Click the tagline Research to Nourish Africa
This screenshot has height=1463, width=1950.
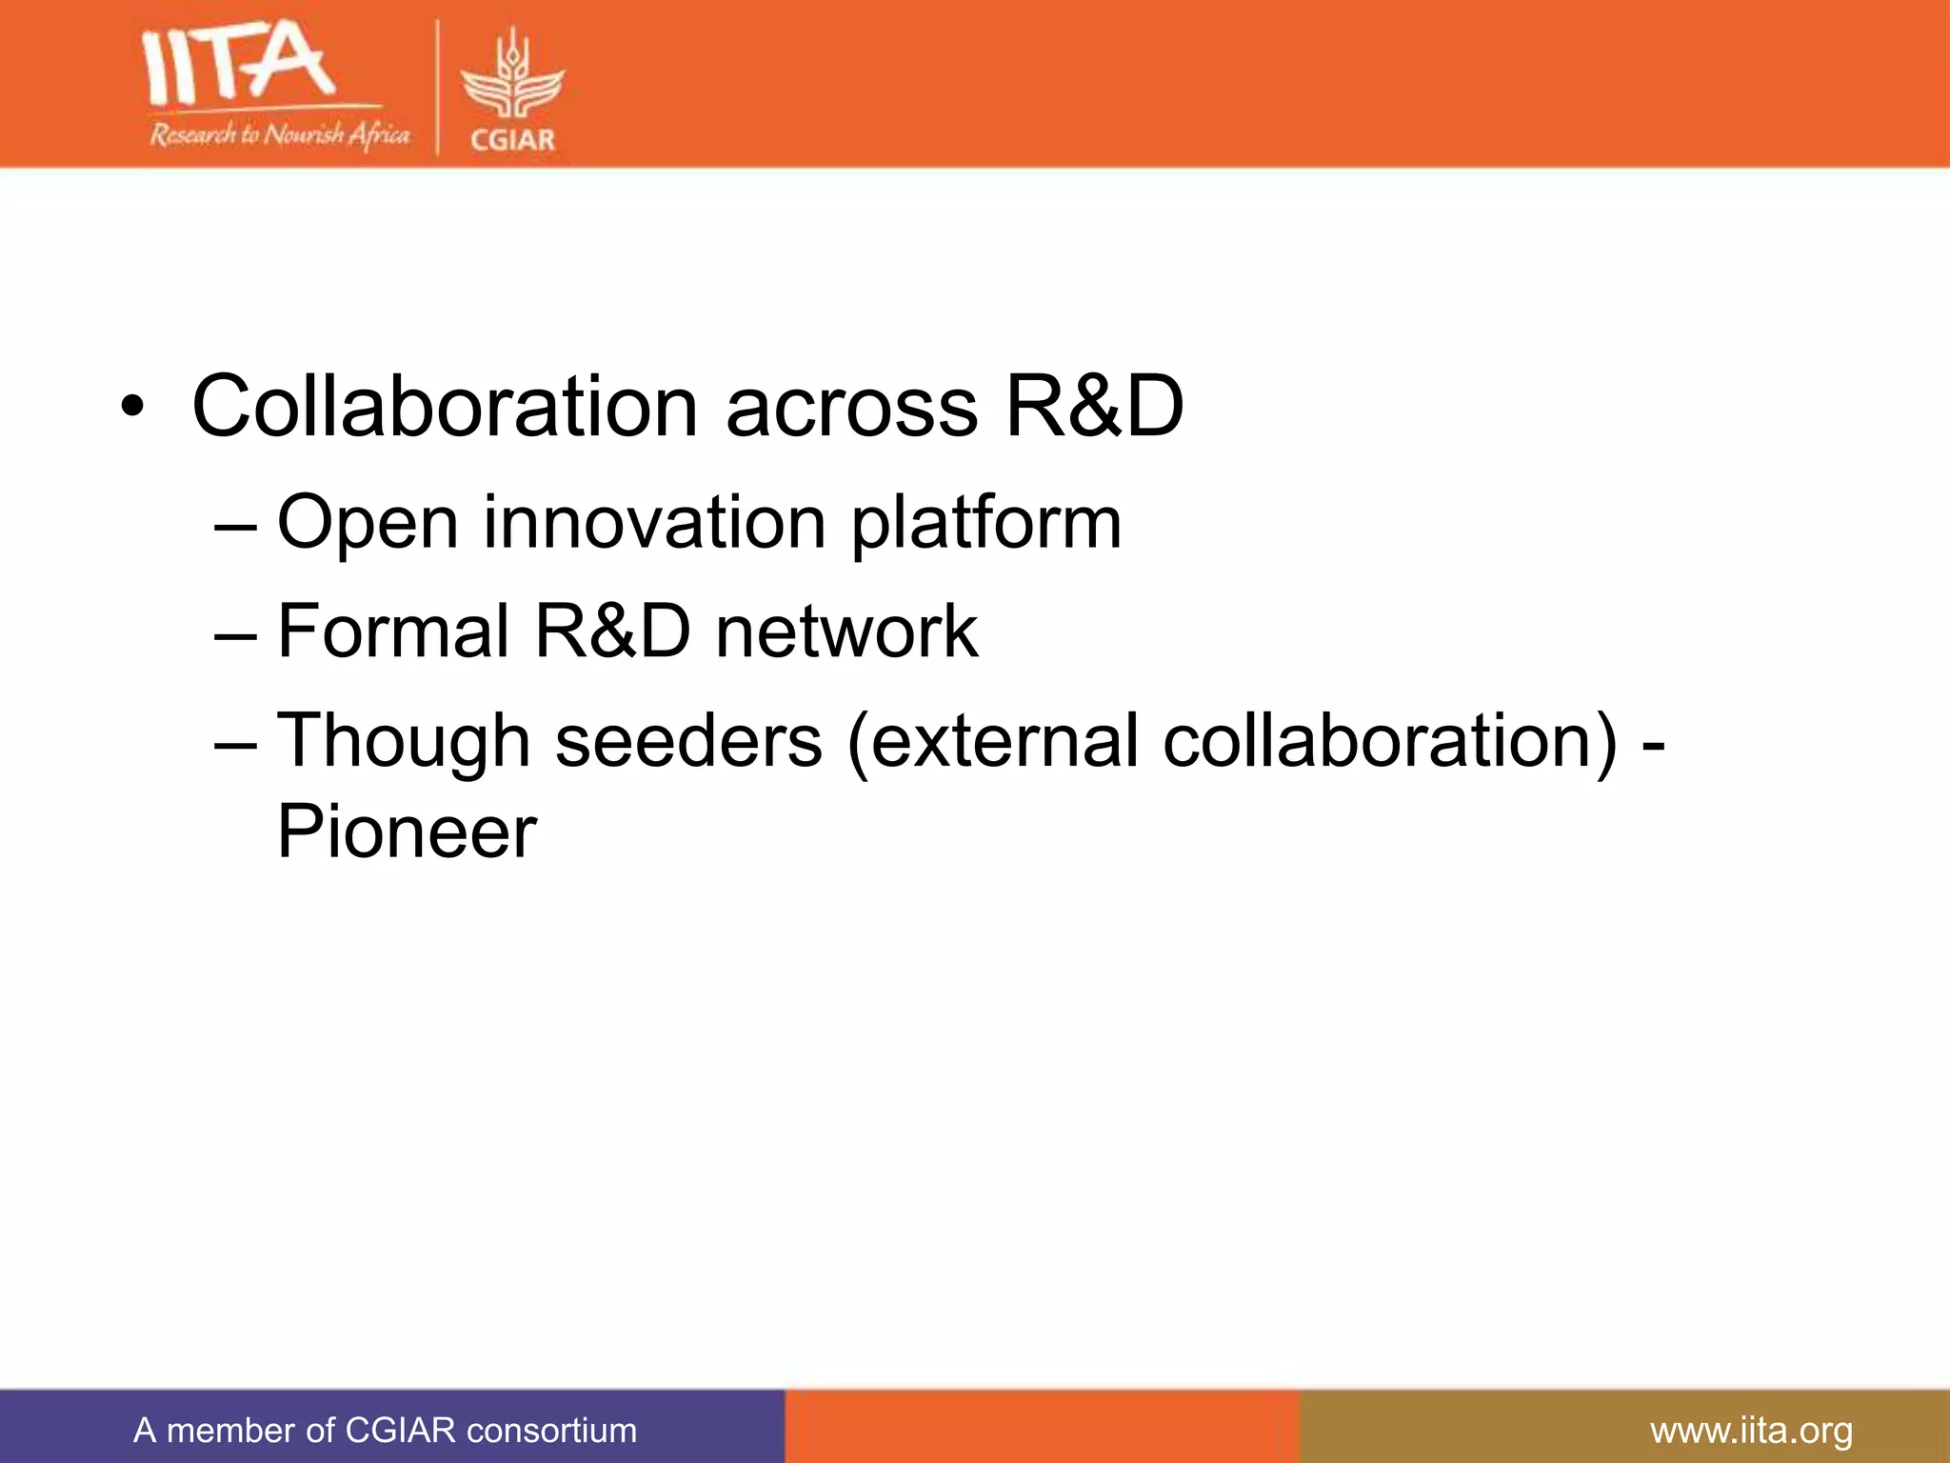[279, 135]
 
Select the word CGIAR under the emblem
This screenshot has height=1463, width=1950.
[512, 140]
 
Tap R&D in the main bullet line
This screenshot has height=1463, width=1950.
[1094, 407]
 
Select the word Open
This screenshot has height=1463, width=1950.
[368, 524]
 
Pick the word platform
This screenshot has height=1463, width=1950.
[985, 524]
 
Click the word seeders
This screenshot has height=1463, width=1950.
[688, 741]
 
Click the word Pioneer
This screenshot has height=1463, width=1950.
[407, 832]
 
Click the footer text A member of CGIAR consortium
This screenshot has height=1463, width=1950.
[385, 1431]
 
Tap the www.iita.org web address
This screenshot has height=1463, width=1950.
[1751, 1431]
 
